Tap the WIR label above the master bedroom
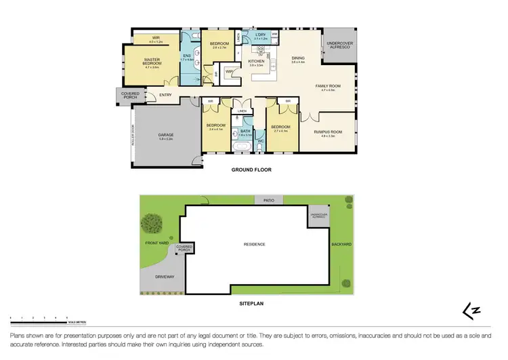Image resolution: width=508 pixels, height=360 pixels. pos(155,37)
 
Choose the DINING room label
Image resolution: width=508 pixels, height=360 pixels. pos(298,58)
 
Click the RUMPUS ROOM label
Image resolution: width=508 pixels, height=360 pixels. pos(329,133)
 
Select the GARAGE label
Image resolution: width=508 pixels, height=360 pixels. pos(166,135)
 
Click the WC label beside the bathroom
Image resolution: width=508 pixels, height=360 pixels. pos(260,141)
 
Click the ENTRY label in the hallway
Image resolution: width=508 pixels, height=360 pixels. pos(166,94)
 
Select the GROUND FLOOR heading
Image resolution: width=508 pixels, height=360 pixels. pos(252,170)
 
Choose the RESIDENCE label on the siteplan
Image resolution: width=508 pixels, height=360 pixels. pos(255,244)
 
